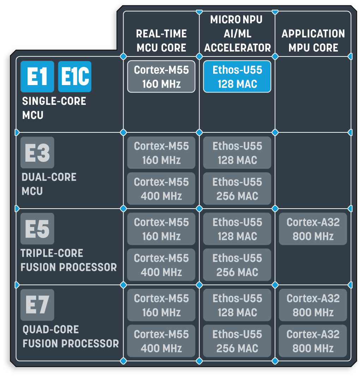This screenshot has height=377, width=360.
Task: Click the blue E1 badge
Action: tap(37, 77)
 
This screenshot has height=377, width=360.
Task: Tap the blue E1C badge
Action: tap(75, 77)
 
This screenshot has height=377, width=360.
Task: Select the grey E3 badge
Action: tap(37, 152)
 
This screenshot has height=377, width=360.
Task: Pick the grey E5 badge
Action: tap(37, 229)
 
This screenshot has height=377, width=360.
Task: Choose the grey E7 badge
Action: tap(37, 305)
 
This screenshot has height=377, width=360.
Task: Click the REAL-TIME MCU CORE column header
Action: tap(161, 41)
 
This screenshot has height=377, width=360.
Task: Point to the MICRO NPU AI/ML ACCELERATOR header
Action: tap(237, 34)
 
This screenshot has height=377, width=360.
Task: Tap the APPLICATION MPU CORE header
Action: tap(313, 41)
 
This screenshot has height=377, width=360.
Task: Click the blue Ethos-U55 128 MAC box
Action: tap(237, 77)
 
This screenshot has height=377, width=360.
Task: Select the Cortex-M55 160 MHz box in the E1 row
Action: tap(161, 77)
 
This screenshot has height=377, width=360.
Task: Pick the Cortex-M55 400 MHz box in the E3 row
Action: tap(161, 188)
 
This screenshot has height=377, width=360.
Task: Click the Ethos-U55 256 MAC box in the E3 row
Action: tap(237, 188)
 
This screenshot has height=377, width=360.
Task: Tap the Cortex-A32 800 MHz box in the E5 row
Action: tap(313, 229)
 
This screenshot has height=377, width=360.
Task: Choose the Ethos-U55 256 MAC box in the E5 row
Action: tap(237, 265)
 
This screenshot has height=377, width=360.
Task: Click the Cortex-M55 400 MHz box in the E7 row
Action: tap(161, 341)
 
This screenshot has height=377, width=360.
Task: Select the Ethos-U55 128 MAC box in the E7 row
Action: tap(237, 305)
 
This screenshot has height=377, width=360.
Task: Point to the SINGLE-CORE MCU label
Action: tap(54, 108)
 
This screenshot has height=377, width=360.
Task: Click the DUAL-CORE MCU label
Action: tap(49, 184)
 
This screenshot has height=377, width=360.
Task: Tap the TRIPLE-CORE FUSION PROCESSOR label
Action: tap(69, 260)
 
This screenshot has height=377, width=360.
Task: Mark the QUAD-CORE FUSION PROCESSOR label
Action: tap(71, 336)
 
